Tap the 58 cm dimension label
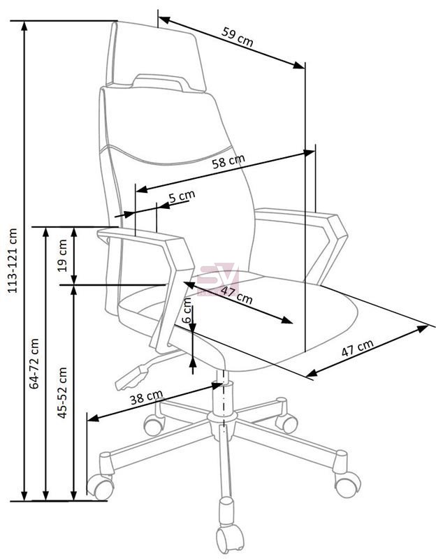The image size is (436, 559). [228, 161]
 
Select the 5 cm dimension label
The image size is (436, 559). [182, 196]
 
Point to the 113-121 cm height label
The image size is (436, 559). [13, 261]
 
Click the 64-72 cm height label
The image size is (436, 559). [34, 363]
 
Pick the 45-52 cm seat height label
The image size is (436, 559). [62, 393]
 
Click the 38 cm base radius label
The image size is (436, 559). [146, 397]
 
